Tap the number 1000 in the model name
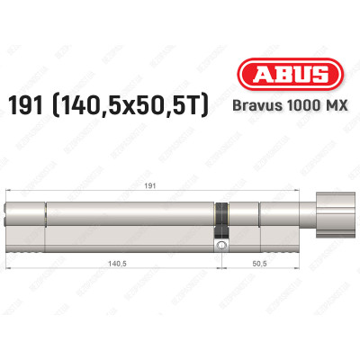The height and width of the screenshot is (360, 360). [301, 106]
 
